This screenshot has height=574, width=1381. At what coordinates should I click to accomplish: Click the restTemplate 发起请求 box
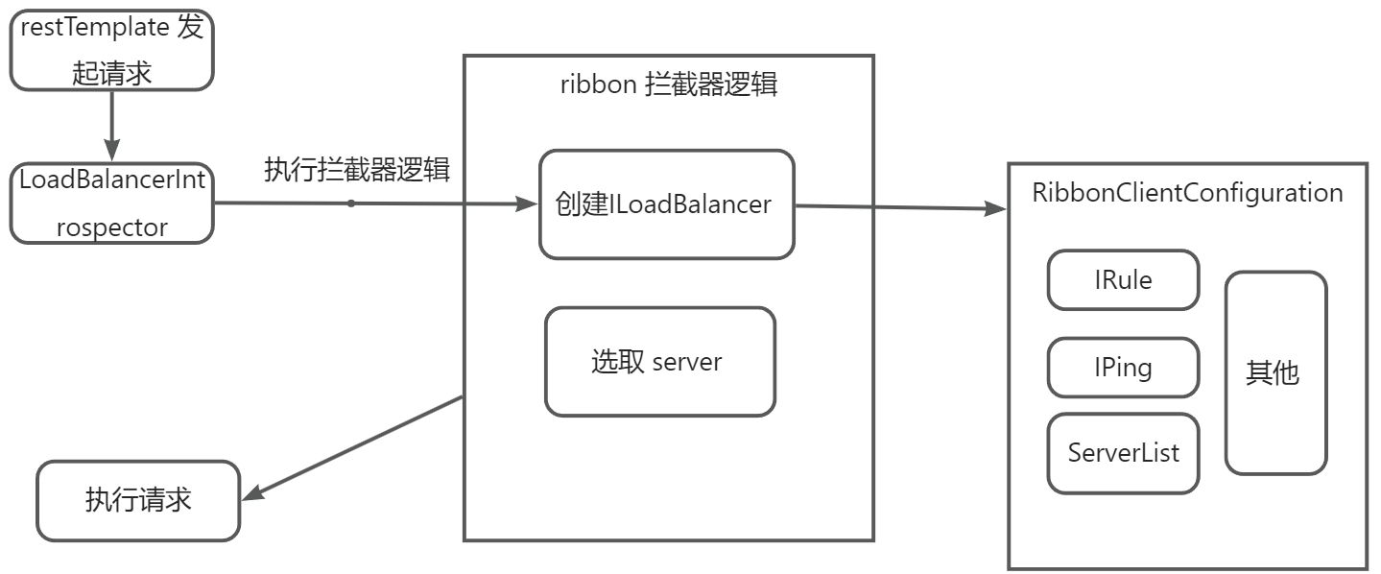click(x=111, y=51)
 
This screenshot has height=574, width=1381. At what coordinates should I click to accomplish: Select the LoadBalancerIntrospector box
click(x=111, y=203)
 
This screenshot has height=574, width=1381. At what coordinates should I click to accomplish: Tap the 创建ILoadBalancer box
click(x=666, y=204)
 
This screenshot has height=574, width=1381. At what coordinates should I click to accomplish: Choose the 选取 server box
click(x=659, y=362)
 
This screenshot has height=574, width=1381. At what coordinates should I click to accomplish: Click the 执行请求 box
click(x=138, y=500)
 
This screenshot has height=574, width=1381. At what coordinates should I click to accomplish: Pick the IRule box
click(x=1123, y=280)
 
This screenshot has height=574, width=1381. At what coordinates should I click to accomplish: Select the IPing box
click(x=1123, y=368)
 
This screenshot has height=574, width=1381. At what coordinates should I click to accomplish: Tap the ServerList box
click(x=1123, y=453)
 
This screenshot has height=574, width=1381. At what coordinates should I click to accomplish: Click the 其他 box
click(x=1275, y=372)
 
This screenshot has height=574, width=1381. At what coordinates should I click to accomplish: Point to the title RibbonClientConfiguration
click(x=1187, y=192)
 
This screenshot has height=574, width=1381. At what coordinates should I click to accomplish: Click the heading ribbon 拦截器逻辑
click(x=668, y=84)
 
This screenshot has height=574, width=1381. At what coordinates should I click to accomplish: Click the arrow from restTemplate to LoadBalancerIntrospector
click(x=111, y=125)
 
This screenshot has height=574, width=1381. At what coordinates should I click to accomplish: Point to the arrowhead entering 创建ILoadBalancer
click(x=527, y=203)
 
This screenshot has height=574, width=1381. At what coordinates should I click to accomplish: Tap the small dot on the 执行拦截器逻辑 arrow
click(x=351, y=203)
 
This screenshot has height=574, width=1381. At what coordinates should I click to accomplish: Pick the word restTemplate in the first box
click(x=95, y=28)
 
